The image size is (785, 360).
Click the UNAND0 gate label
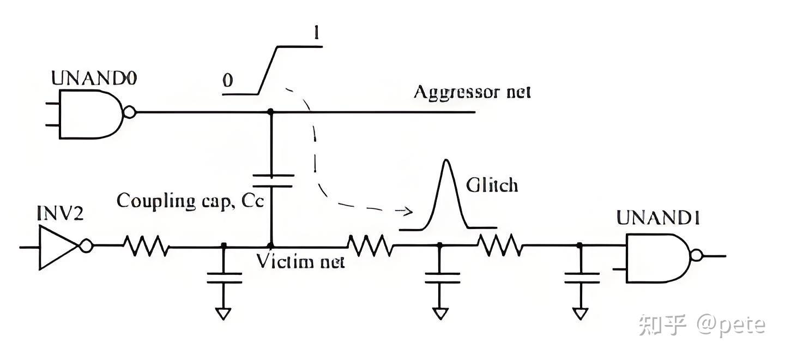(94, 78)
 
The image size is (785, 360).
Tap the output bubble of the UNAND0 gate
(129, 112)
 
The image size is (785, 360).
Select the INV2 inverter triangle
(59, 247)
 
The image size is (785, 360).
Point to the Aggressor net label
(472, 93)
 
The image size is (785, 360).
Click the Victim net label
(300, 261)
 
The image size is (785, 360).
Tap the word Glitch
(492, 185)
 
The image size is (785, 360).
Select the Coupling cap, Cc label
(190, 201)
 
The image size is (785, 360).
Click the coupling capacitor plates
(273, 181)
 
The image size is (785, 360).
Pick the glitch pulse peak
(446, 160)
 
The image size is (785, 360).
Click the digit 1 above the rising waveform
(316, 34)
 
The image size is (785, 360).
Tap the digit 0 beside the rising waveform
(228, 80)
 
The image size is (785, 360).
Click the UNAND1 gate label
(658, 218)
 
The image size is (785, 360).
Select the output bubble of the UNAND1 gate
(696, 255)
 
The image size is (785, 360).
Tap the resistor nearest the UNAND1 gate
(501, 245)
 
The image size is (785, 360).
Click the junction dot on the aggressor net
(270, 112)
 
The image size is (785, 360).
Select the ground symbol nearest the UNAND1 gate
(581, 314)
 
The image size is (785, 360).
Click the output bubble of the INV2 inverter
(86, 245)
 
